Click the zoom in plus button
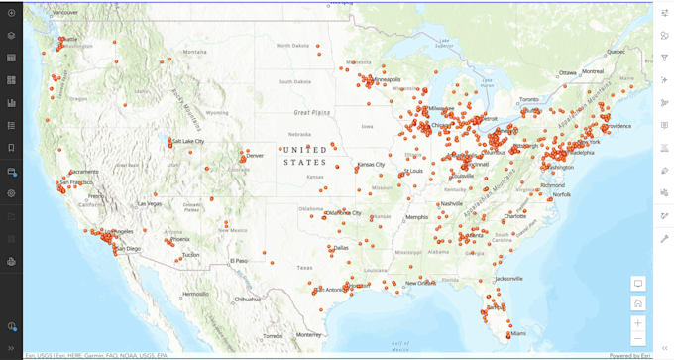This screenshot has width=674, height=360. tap(638, 322)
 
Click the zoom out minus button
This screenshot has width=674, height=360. tap(638, 339)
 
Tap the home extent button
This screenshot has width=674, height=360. tap(638, 303)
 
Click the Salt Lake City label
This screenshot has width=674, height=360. tap(188, 141)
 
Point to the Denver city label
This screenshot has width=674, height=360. tap(255, 156)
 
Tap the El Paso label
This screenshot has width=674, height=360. tap(239, 261)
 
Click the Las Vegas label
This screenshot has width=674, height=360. tap(150, 203)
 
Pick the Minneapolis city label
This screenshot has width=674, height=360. tap(384, 79)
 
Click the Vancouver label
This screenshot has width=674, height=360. tap(65, 12)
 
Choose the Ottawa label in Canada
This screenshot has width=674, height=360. tap(568, 72)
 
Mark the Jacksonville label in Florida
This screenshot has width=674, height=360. tap(508, 279)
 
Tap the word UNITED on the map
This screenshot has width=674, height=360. tap(304, 150)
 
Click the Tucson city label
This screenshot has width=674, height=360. tap(190, 255)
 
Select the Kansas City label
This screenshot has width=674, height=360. tap(372, 164)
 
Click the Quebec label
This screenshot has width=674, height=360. tap(616, 51)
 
